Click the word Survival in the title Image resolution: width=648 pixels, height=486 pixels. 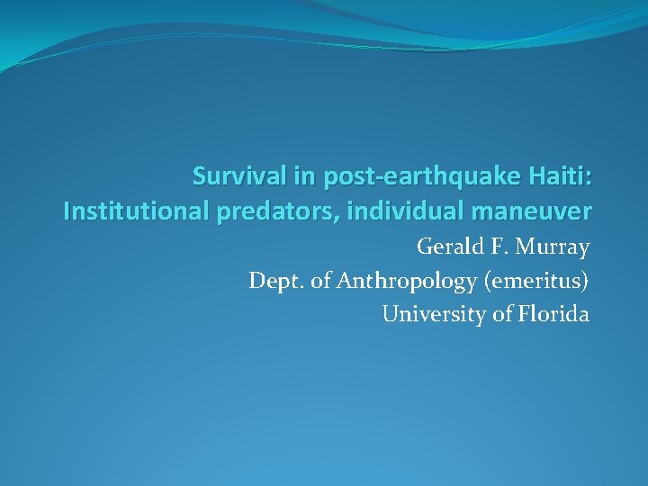[x=233, y=176]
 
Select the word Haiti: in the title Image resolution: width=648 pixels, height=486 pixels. [x=558, y=176]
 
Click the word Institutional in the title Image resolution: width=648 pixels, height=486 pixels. [x=136, y=212]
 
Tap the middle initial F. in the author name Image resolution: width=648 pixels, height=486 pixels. [x=498, y=247]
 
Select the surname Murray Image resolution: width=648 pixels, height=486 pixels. [x=553, y=247]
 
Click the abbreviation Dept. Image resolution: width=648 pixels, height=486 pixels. [x=274, y=281]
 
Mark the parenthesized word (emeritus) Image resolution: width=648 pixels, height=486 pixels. [x=536, y=281]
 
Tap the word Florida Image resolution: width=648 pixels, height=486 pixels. [x=555, y=314]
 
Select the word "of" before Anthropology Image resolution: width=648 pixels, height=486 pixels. [x=320, y=281]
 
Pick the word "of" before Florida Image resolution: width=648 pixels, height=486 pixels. [x=501, y=314]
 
